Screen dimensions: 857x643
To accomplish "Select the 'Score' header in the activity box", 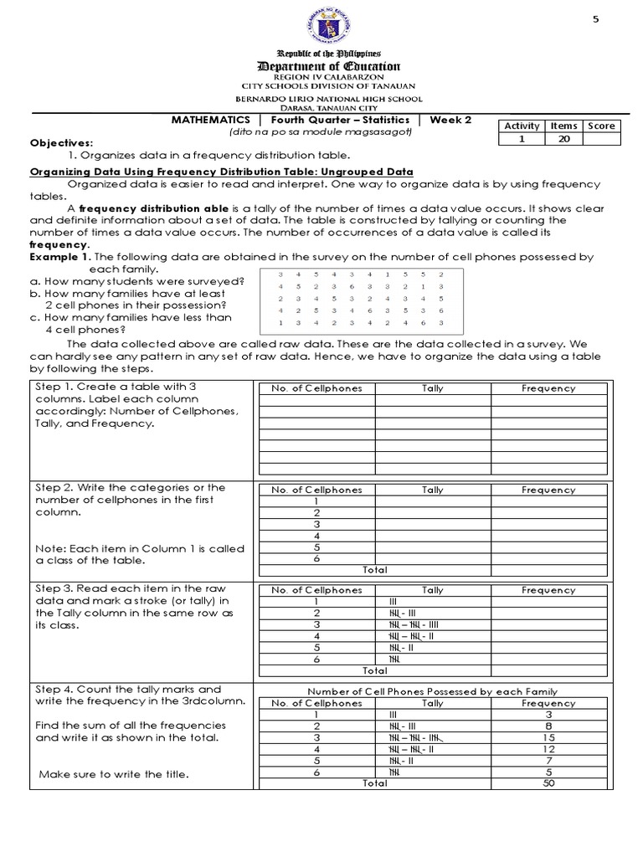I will tap(601, 126).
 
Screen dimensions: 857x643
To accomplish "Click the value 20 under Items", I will tap(563, 139).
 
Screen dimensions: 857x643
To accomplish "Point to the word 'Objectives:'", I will tap(62, 143).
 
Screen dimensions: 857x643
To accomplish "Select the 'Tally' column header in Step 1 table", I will tap(433, 388).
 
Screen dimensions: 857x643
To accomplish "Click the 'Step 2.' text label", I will tap(54, 487).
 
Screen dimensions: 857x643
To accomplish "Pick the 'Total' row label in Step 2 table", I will tap(374, 569).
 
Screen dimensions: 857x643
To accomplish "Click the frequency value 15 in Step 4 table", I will tap(548, 738).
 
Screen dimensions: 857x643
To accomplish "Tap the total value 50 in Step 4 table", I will tap(548, 783).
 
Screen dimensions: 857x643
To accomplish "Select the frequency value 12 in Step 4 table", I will tap(548, 750).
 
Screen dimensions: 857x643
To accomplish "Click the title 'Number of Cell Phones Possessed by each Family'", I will tap(433, 691).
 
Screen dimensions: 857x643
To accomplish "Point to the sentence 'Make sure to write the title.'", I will tap(113, 774).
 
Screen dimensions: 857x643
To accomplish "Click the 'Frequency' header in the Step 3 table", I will tap(548, 590).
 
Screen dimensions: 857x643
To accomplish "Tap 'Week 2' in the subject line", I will tap(450, 120).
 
